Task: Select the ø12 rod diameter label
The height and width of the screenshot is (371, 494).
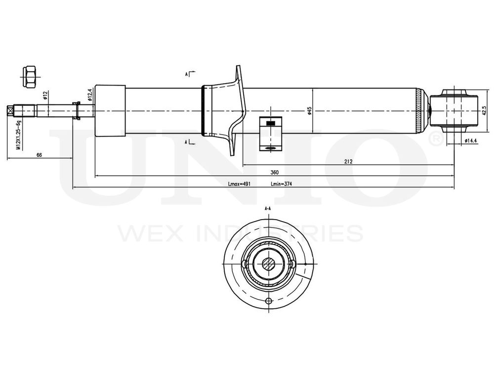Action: (x=45, y=95)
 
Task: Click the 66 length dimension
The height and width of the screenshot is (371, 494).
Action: (x=39, y=155)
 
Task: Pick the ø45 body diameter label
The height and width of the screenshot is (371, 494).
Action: (x=309, y=111)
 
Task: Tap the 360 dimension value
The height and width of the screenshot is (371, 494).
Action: (x=274, y=173)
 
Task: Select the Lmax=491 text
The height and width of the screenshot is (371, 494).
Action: (x=240, y=184)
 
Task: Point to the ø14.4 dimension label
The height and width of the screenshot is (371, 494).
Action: (x=470, y=141)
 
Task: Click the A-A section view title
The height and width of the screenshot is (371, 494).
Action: (x=268, y=209)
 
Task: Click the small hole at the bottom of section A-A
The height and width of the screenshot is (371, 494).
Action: (x=268, y=302)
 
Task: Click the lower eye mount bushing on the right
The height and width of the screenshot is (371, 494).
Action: (x=453, y=110)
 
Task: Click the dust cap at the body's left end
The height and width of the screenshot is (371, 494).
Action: (x=110, y=110)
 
